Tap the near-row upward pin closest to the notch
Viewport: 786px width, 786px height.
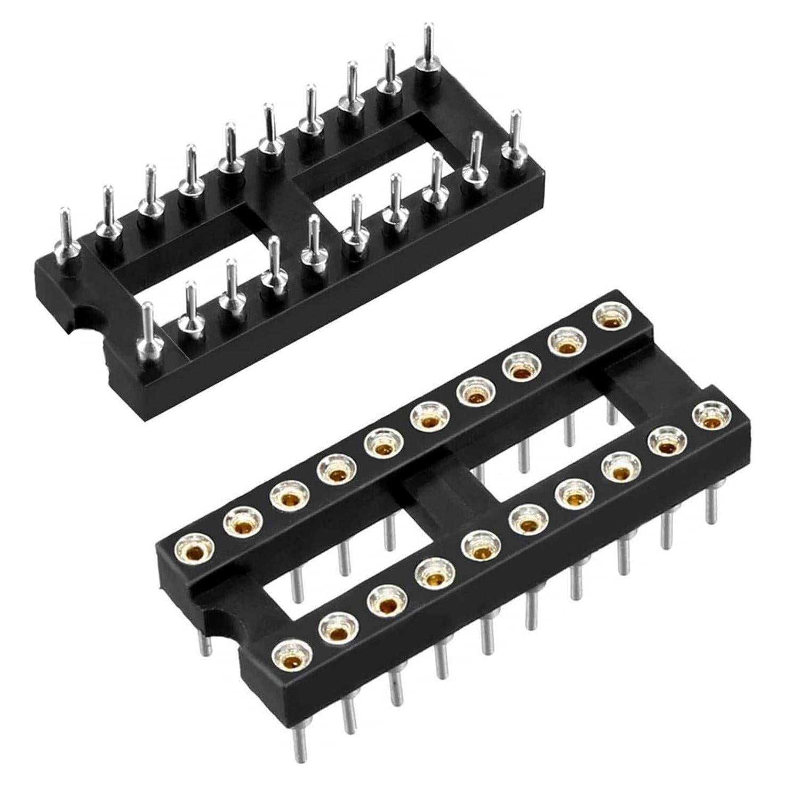click(148, 335)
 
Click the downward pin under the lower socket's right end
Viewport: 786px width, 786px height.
click(710, 506)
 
